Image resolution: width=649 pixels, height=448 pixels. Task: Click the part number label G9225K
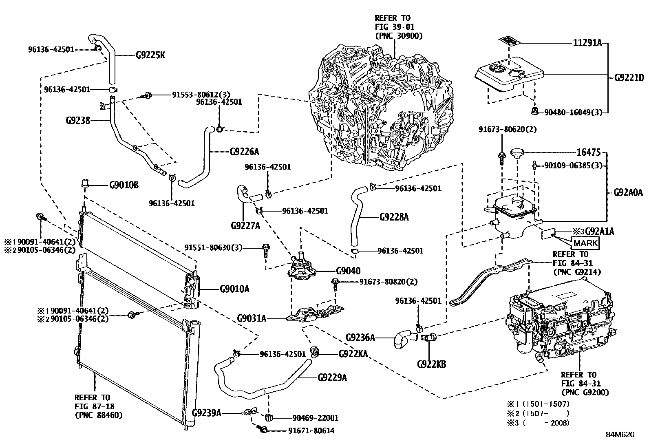point(150,55)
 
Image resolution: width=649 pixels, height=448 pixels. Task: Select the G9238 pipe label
point(78,120)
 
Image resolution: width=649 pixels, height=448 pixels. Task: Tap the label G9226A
point(245,152)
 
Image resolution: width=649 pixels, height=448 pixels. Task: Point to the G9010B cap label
point(124,185)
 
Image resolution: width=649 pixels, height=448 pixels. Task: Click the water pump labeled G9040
point(301,267)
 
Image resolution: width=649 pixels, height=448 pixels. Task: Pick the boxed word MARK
point(585,243)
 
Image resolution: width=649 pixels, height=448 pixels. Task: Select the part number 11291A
point(587,43)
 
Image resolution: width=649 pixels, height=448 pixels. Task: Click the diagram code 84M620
point(620,435)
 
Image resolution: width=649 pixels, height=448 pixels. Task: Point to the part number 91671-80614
point(311,431)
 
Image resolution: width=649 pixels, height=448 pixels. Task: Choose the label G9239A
point(206,413)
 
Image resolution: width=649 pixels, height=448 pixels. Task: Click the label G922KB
point(431,364)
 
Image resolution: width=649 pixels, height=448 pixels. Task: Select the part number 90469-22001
point(315,418)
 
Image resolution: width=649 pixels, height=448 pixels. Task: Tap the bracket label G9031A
point(252,318)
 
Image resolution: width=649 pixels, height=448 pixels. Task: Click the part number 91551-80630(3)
point(213,248)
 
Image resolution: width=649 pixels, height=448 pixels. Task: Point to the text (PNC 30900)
point(399,36)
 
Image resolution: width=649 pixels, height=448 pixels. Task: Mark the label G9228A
point(394,217)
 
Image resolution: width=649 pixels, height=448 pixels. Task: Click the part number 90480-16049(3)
point(573,113)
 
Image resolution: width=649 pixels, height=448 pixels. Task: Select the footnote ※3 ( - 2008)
point(538,423)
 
